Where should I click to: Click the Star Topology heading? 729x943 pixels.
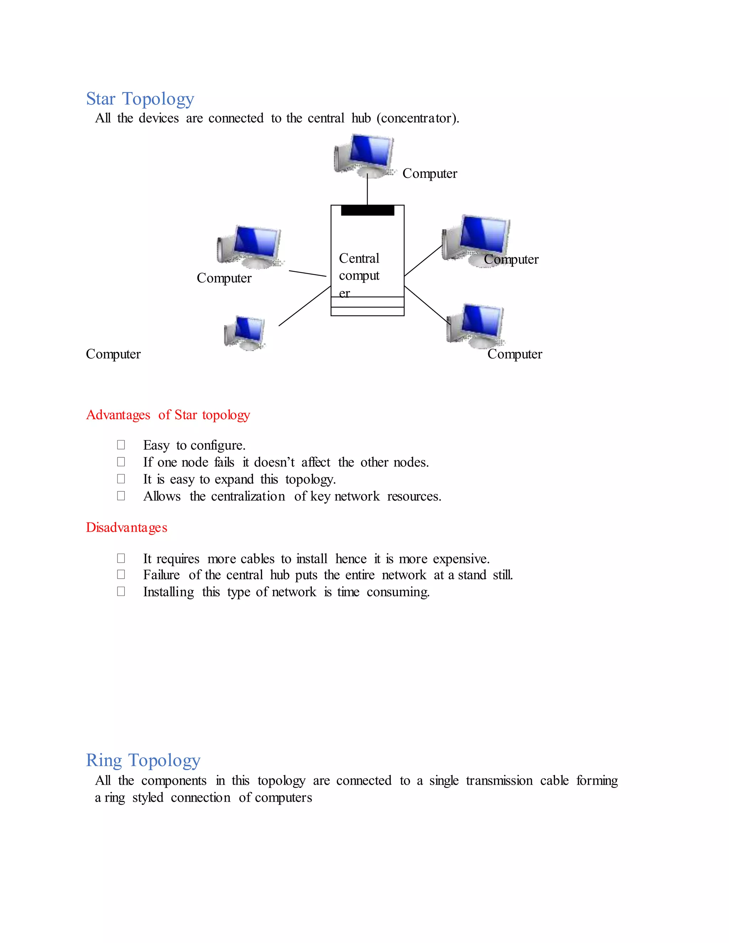[x=140, y=99]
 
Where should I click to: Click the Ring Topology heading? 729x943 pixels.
[x=143, y=760]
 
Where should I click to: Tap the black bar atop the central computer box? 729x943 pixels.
[x=367, y=210]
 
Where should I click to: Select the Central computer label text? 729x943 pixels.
[x=359, y=275]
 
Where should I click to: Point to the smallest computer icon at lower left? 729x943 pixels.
[x=245, y=332]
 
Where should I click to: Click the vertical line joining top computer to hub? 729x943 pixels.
[x=367, y=190]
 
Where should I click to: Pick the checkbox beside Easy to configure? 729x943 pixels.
[x=121, y=445]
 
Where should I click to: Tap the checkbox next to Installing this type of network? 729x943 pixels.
[x=121, y=591]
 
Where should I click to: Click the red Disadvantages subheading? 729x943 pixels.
[x=126, y=528]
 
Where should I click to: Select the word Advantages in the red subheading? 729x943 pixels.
[x=118, y=415]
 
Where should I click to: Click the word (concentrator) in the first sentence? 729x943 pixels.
[x=418, y=118]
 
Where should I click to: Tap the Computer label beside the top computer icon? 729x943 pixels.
[x=430, y=174]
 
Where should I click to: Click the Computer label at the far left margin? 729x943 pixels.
[x=113, y=354]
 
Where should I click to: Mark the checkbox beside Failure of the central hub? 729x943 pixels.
[x=121, y=575]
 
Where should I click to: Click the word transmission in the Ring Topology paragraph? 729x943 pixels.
[x=499, y=781]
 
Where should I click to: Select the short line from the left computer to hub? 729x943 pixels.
[x=308, y=273]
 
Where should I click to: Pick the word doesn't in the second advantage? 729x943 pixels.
[x=274, y=463]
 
